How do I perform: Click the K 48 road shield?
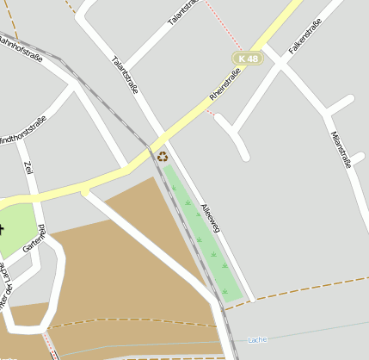click(248, 58)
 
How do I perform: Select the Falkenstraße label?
click(305, 36)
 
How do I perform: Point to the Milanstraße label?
click(341, 149)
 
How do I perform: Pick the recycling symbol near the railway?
click(163, 156)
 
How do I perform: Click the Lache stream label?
click(257, 339)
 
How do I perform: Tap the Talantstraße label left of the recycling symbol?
click(125, 73)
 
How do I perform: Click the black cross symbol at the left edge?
click(2, 228)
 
